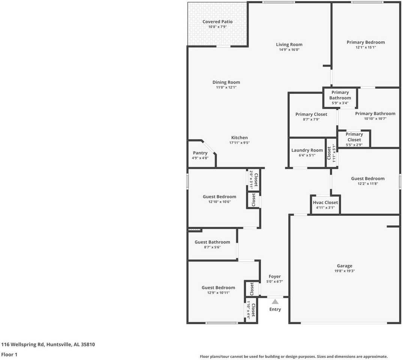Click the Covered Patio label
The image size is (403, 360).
click(217, 22)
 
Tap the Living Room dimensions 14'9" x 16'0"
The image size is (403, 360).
click(289, 49)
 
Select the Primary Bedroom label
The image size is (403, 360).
click(366, 42)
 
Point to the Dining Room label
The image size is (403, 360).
click(226, 82)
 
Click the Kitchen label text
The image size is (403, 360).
click(239, 138)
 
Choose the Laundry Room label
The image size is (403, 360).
click(307, 150)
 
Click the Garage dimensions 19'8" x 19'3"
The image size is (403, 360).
click(344, 271)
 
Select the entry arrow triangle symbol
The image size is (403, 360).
click(275, 301)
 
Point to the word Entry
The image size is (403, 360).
click(275, 309)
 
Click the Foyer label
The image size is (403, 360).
click(275, 277)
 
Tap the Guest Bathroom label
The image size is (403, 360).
click(212, 242)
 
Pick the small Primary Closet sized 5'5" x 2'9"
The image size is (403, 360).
click(354, 137)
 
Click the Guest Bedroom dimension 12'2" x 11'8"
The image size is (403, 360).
click(368, 184)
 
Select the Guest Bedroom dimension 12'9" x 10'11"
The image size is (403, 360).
click(218, 292)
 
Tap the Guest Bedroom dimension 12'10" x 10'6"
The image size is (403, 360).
click(219, 201)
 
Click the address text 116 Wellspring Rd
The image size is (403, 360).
click(23, 344)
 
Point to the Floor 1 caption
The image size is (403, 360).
click(9, 354)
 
